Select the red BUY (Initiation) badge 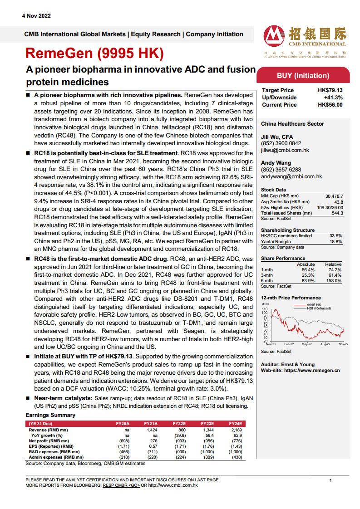(x=303, y=76)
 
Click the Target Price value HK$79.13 (x=330, y=90)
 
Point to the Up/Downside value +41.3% (x=333, y=98)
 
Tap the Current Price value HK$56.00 (x=330, y=105)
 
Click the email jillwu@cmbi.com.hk (x=285, y=150)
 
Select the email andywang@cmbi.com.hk (x=291, y=176)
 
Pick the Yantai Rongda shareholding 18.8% (x=335, y=242)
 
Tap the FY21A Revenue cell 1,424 (x=151, y=430)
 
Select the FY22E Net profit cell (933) (x=179, y=440)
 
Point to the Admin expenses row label (x=53, y=457)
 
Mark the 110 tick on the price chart (x=264, y=309)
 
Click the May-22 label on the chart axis (x=307, y=344)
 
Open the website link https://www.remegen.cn (x=312, y=371)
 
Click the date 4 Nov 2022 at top (x=36, y=16)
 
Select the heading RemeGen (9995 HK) (x=94, y=54)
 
